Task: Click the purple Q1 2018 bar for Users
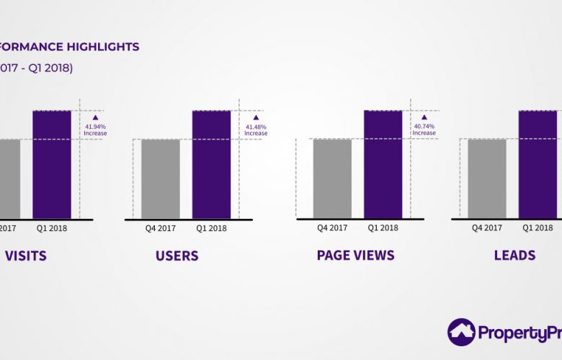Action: coord(211,164)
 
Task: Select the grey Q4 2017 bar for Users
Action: coord(160,179)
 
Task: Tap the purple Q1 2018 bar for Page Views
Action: coord(383,164)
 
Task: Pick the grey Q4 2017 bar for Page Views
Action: coord(332,179)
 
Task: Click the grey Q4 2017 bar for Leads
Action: coord(487,179)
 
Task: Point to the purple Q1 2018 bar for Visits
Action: coord(52,164)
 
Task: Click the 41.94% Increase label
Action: coord(95,130)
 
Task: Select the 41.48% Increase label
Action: coord(257,130)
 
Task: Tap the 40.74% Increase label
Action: coord(424,130)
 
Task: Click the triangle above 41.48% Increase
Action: coord(256,117)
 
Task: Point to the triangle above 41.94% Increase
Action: coord(95,117)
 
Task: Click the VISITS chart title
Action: coord(26,256)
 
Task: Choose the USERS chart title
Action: coord(177,256)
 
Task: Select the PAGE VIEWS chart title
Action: coord(355,255)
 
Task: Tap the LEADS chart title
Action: coord(514,255)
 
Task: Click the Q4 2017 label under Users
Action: coord(161,229)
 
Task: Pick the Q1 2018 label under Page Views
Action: coord(383,228)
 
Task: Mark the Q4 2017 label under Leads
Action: coord(487,228)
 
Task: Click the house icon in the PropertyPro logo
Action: coord(461,332)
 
